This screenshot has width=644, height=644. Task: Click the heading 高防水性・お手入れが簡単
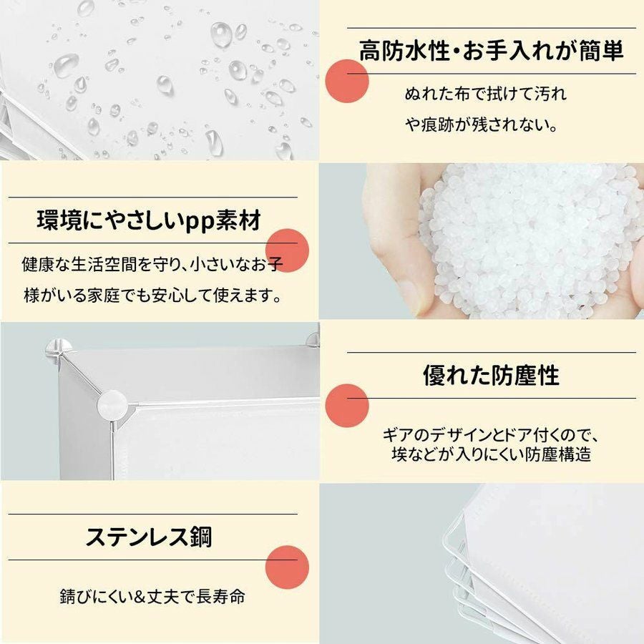click(x=491, y=51)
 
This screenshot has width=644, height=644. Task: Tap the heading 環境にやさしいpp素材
click(x=149, y=220)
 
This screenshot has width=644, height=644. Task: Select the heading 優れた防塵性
click(x=491, y=375)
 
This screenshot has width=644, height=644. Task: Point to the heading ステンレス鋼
click(x=149, y=537)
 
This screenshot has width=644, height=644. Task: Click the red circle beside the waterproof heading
click(x=347, y=81)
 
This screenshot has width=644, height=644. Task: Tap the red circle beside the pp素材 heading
click(x=287, y=250)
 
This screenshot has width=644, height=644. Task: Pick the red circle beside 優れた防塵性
click(x=347, y=406)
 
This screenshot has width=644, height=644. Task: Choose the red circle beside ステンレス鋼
click(x=287, y=567)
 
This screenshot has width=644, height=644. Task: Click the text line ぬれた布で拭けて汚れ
click(x=486, y=94)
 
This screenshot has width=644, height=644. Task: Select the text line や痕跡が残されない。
click(x=482, y=125)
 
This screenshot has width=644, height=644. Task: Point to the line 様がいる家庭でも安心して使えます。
click(x=153, y=295)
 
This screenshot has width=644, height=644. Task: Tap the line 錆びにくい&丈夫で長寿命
click(x=152, y=596)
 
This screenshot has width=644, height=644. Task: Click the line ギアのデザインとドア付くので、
click(x=492, y=434)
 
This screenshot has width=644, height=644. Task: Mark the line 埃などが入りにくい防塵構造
click(x=492, y=454)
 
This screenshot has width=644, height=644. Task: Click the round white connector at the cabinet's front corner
click(x=112, y=405)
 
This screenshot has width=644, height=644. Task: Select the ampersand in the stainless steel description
click(x=140, y=597)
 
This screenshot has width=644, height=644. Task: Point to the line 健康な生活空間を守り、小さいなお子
click(x=153, y=265)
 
